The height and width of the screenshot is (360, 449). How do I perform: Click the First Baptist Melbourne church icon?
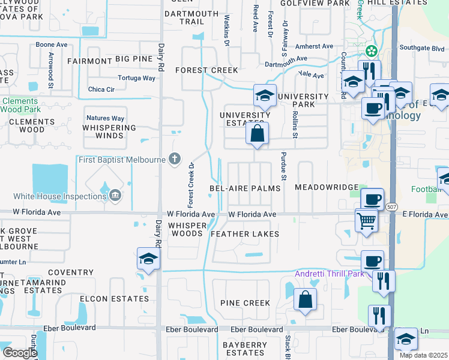coord(175,159)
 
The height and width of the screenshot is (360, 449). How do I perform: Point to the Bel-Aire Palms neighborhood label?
coord(245,188)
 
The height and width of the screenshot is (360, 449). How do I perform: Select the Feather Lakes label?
coord(245,233)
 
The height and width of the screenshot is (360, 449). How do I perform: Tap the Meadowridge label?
coord(327,188)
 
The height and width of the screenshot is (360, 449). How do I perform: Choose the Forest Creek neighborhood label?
coord(207,70)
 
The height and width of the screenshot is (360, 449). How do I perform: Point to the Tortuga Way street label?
coord(137,78)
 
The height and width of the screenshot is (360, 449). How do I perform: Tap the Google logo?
coord(20,352)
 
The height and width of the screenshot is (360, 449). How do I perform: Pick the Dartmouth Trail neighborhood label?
coord(191,17)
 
